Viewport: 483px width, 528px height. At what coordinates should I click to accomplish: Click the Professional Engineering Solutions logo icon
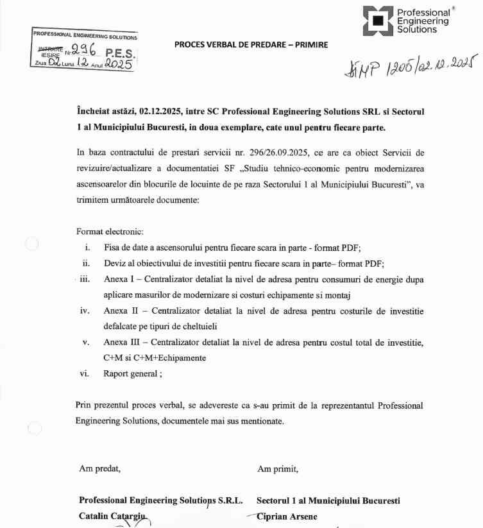(x=378, y=21)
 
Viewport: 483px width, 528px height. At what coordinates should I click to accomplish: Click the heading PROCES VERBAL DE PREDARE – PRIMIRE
(x=251, y=45)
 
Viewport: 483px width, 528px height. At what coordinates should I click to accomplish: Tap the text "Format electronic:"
(x=110, y=231)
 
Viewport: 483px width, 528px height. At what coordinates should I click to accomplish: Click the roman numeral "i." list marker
(x=87, y=247)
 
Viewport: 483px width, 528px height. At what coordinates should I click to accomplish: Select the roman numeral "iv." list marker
(x=85, y=311)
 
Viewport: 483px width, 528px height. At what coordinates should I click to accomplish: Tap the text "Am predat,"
(x=99, y=468)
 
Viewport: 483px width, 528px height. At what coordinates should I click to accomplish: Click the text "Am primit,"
(x=278, y=468)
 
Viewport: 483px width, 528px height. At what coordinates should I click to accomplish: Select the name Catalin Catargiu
(x=113, y=516)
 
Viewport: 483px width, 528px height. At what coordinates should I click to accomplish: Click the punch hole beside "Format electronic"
(x=31, y=244)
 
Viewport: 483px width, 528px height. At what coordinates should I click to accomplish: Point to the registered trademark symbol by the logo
(x=454, y=8)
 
